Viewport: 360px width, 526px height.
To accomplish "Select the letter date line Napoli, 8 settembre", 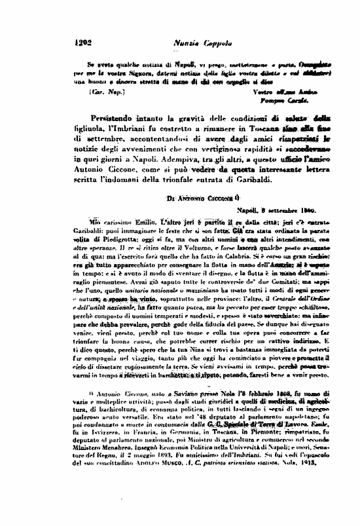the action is pyautogui.click(x=274, y=211).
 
